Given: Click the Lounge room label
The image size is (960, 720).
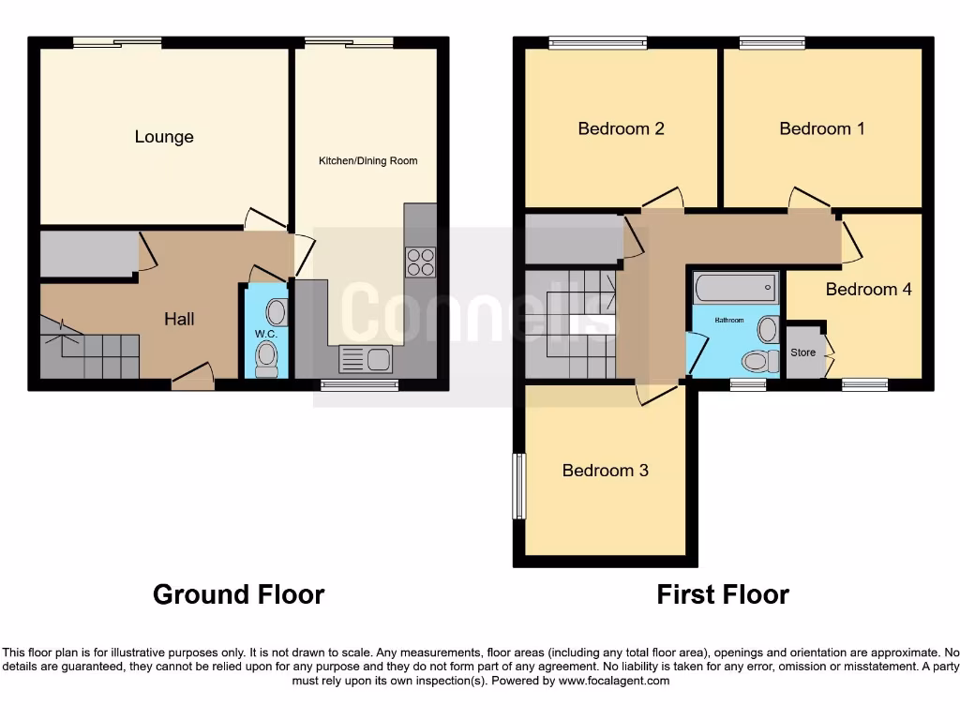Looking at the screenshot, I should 164,137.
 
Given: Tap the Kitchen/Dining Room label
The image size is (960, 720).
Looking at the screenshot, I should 367,161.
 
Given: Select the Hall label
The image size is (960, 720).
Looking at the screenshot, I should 179,319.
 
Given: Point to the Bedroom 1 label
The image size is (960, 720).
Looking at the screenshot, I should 822,128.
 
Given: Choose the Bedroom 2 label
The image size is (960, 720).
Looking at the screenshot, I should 621,128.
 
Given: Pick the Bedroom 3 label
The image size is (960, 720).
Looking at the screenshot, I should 605,470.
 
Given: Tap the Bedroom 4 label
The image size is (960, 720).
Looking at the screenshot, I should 868,289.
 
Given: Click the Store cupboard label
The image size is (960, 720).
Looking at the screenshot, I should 802,352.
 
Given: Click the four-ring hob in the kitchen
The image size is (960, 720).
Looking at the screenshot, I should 421,261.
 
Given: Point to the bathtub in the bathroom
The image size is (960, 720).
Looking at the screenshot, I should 736,287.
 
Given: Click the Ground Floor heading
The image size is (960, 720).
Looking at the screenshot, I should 238,594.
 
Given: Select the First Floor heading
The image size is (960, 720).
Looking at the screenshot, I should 723,594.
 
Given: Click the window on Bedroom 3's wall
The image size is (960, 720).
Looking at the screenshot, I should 518,486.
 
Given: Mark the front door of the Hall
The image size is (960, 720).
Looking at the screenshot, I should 193,382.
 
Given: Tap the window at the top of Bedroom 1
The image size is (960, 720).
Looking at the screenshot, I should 772,42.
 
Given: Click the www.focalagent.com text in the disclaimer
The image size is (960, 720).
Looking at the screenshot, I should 613,681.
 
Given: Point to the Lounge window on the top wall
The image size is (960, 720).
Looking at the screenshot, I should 117,42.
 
